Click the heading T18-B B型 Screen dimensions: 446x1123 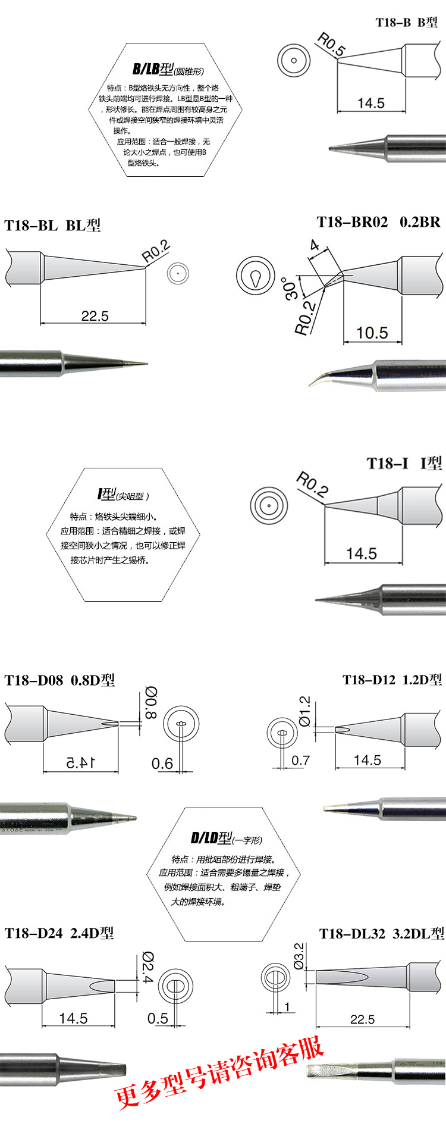tap(407, 23)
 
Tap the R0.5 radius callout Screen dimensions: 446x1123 tap(331, 45)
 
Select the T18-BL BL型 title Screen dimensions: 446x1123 tap(52, 226)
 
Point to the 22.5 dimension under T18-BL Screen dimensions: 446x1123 tap(95, 315)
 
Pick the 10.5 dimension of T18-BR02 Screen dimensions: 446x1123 tap(372, 333)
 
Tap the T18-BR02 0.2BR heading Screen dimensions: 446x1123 tap(379, 222)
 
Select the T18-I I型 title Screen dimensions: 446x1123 tap(404, 464)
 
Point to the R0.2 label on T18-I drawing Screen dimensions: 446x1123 tap(312, 484)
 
